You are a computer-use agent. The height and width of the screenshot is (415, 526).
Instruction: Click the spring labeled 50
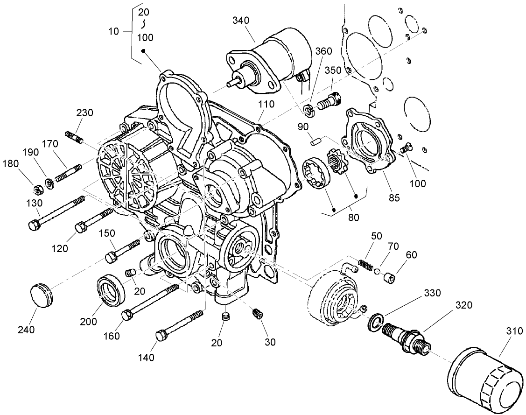click(365, 266)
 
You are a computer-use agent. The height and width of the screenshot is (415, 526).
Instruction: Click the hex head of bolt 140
click(160, 335)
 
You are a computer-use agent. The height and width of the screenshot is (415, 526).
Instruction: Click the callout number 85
click(394, 197)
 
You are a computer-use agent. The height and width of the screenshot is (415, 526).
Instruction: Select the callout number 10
click(114, 31)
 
